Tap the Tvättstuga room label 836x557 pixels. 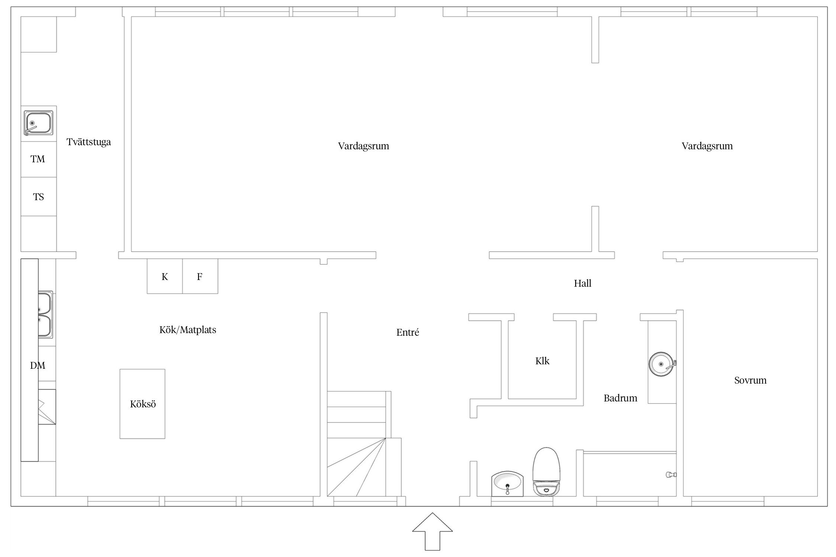89,142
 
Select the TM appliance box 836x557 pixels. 39,159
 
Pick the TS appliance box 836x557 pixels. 39,197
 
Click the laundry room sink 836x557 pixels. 39,123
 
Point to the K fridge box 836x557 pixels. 165,276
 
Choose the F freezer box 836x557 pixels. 200,276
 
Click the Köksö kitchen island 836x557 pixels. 142,404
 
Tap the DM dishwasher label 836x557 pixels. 38,366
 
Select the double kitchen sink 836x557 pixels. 45,315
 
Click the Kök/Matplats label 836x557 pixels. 188,330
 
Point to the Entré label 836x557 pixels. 408,332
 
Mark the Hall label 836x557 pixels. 583,284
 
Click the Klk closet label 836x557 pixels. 542,361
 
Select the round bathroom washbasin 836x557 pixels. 661,364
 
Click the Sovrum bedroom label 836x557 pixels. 751,380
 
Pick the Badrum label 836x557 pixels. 620,398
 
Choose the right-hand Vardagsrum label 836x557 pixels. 707,146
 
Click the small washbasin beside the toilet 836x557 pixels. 507,484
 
